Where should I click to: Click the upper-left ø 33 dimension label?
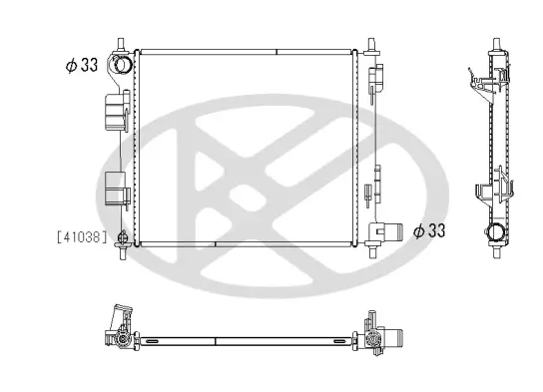pyautogui.click(x=82, y=65)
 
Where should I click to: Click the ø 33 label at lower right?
pyautogui.click(x=429, y=230)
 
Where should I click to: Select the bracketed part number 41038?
pyautogui.click(x=82, y=237)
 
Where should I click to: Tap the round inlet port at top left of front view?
pyautogui.click(x=123, y=65)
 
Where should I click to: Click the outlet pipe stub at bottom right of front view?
pyautogui.click(x=395, y=230)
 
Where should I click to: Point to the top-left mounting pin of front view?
pyautogui.click(x=121, y=45)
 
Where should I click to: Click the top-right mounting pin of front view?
pyautogui.click(x=371, y=45)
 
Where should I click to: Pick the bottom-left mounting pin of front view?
pyautogui.click(x=123, y=252)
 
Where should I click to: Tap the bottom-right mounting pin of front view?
pyautogui.click(x=372, y=251)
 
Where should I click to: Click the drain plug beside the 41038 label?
pyautogui.click(x=122, y=237)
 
